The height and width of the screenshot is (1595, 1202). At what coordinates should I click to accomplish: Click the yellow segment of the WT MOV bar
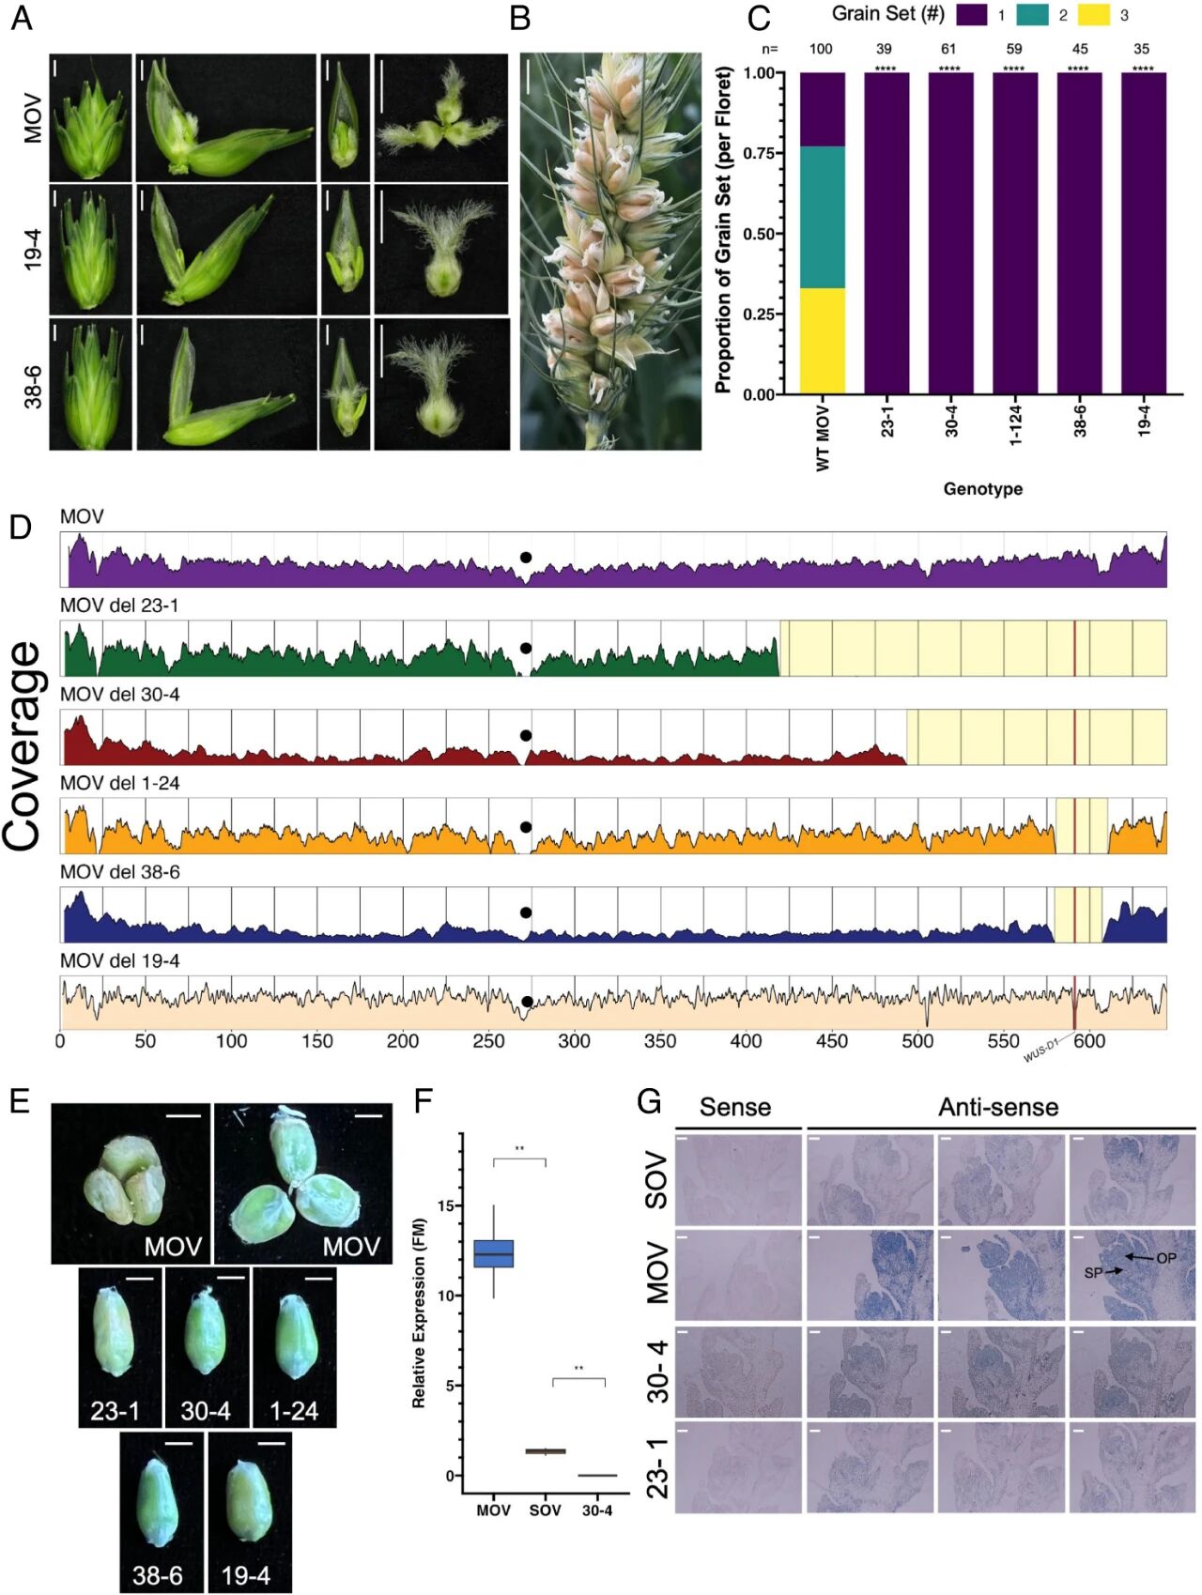(822, 341)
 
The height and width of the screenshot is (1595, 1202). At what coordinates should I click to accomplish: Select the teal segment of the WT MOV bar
(822, 217)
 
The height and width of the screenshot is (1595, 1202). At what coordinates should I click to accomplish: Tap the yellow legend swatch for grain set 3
(1093, 15)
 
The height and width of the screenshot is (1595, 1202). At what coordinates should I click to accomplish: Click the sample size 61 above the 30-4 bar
(948, 49)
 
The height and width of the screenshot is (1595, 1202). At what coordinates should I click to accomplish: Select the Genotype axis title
(982, 489)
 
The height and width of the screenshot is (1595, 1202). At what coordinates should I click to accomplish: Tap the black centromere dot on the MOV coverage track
(526, 557)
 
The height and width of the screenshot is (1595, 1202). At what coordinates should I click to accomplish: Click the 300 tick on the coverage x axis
(574, 1041)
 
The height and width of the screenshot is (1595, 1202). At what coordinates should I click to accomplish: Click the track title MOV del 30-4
(120, 695)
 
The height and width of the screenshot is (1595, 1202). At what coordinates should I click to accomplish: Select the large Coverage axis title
(24, 746)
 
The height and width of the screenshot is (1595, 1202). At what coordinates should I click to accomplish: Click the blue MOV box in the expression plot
(493, 1254)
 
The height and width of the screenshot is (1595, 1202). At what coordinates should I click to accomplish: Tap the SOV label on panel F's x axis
(545, 1511)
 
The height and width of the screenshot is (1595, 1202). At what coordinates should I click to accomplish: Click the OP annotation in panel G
(1165, 1258)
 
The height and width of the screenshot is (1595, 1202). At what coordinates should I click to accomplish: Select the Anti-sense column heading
(998, 1108)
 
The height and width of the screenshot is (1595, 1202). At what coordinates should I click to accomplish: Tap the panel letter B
(519, 19)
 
